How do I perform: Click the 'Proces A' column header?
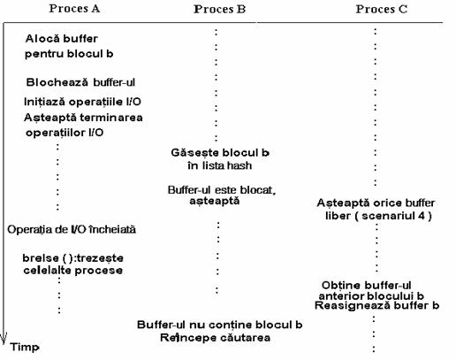(x=74, y=9)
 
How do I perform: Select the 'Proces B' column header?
(x=220, y=9)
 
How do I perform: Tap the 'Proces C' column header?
(x=382, y=9)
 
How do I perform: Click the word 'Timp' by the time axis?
(x=25, y=347)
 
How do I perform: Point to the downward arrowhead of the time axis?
(x=4, y=339)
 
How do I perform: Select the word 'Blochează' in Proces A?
(x=57, y=82)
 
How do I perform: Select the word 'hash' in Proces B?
(x=239, y=165)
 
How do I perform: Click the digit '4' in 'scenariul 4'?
(x=422, y=216)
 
